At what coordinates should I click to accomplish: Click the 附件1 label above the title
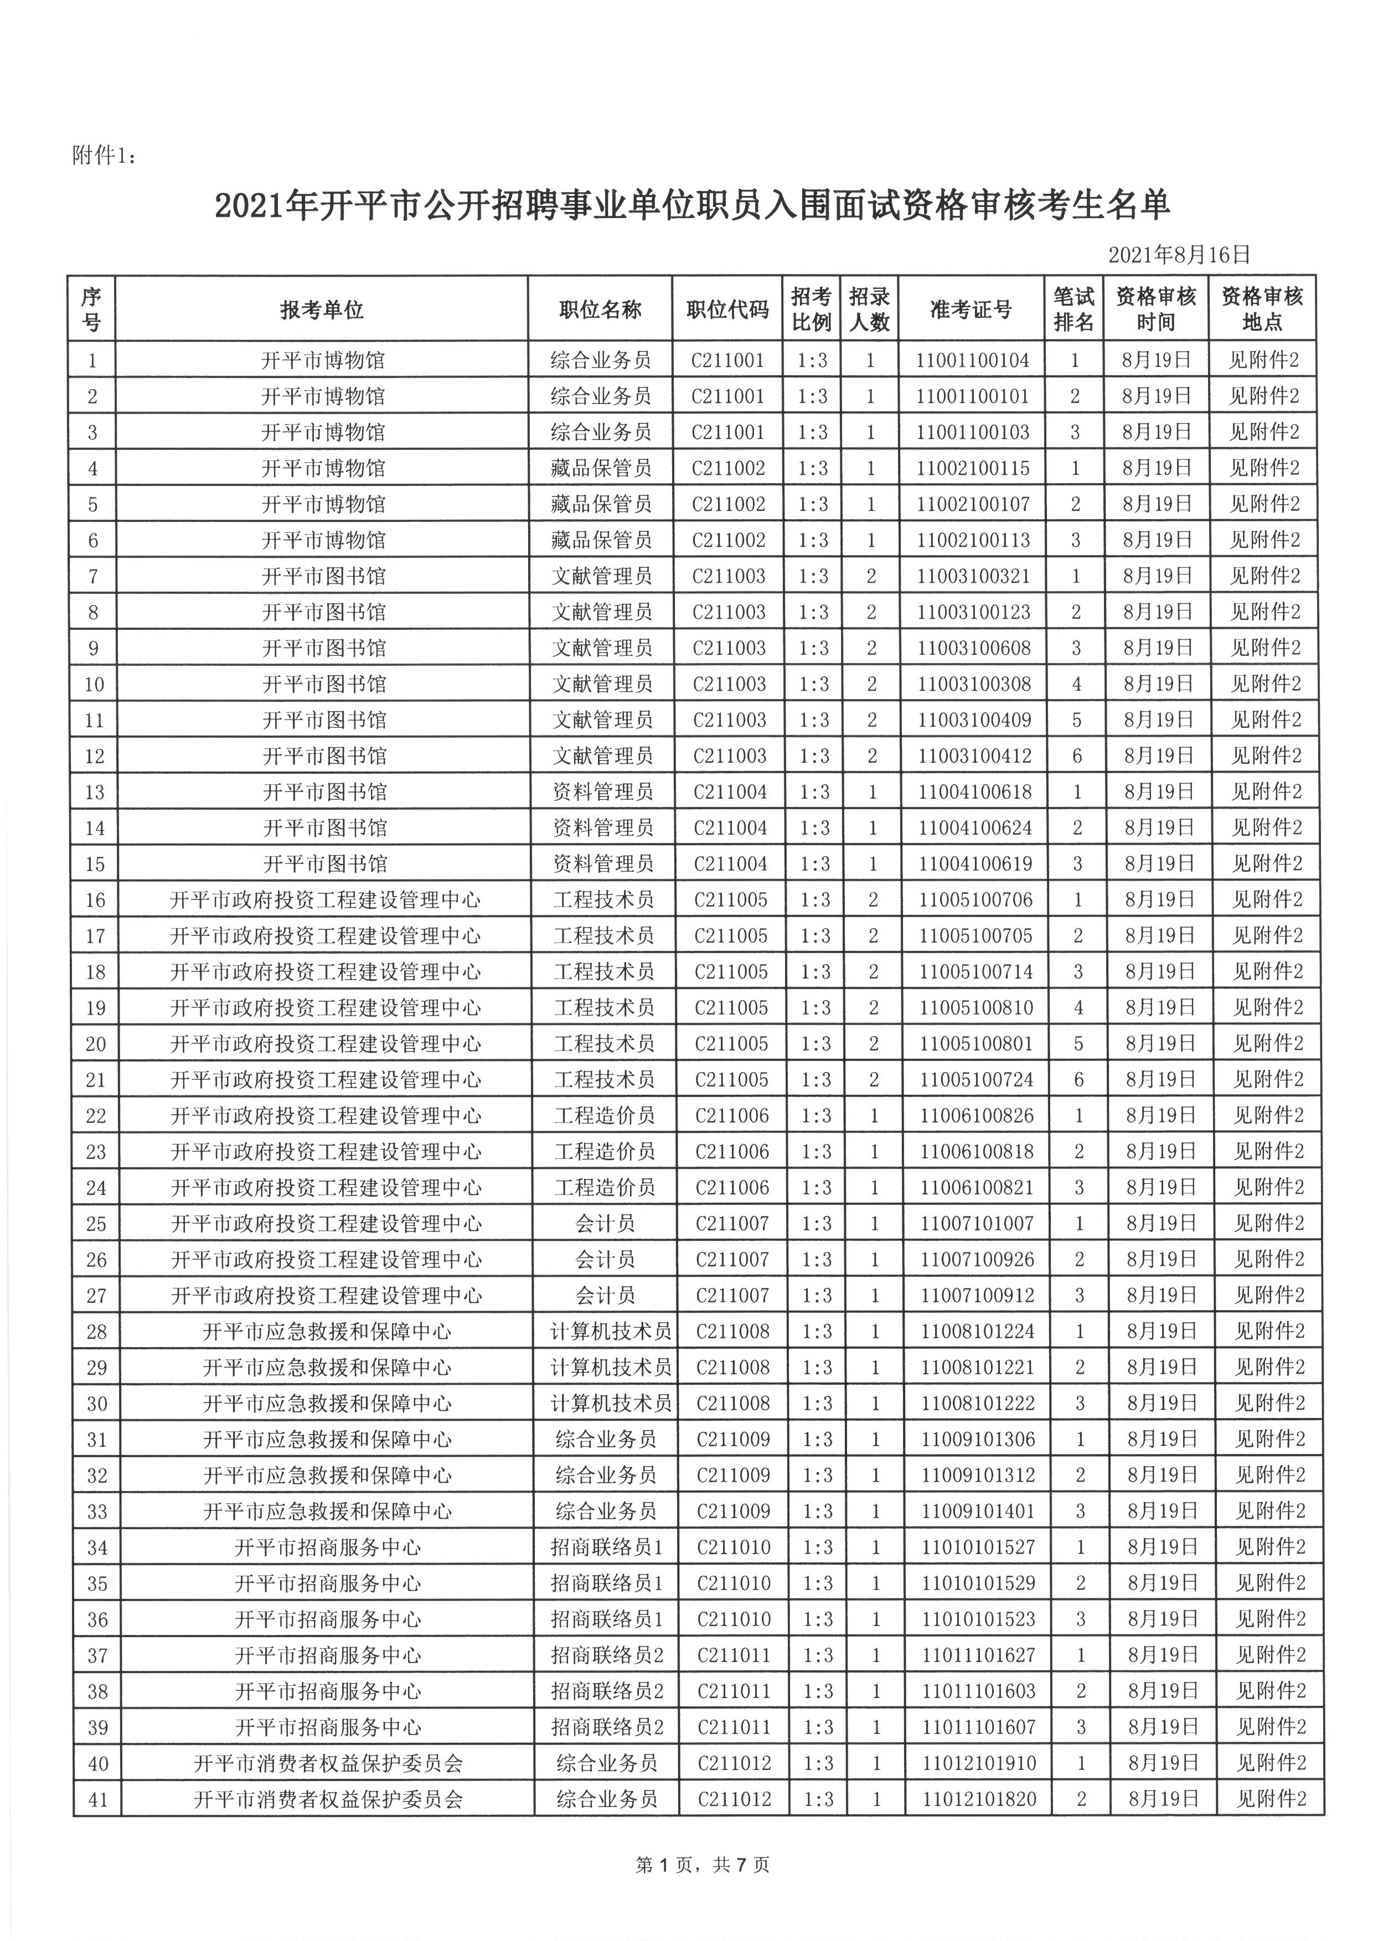click(x=103, y=157)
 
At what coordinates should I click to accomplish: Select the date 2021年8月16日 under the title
click(x=1179, y=255)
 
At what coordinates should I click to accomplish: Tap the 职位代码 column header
click(x=727, y=309)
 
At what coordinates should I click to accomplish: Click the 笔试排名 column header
click(x=1073, y=309)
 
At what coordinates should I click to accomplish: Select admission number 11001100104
click(x=972, y=360)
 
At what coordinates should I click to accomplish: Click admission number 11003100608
click(x=974, y=649)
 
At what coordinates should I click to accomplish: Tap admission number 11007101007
click(x=977, y=1223)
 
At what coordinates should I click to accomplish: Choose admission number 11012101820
click(x=979, y=1799)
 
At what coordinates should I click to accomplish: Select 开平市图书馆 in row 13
click(x=324, y=792)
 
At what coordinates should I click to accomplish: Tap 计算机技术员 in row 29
click(x=611, y=1368)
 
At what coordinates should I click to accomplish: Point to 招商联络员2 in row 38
click(x=607, y=1691)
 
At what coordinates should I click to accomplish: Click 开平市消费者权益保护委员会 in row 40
click(x=328, y=1763)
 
